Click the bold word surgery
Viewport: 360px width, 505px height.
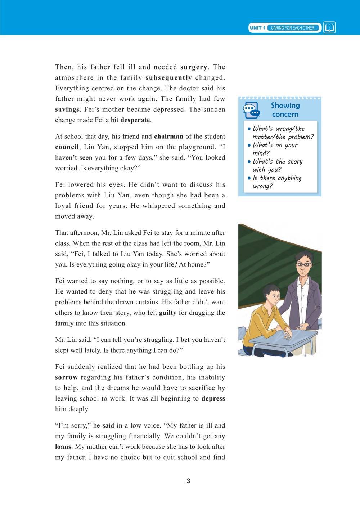(193, 67)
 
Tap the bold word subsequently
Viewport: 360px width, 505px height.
(168, 77)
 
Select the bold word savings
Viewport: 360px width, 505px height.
(67, 110)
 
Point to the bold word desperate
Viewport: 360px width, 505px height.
(135, 120)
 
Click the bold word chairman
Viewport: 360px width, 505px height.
(168, 137)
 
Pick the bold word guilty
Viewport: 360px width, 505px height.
(167, 313)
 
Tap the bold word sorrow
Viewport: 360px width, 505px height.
(66, 377)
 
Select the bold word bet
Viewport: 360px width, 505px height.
(185, 340)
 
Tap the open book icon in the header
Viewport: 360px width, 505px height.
(329, 28)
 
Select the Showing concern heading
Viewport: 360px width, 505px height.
(285, 110)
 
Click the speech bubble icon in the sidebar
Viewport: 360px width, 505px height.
(251, 110)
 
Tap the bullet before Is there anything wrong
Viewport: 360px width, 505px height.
(249, 178)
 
